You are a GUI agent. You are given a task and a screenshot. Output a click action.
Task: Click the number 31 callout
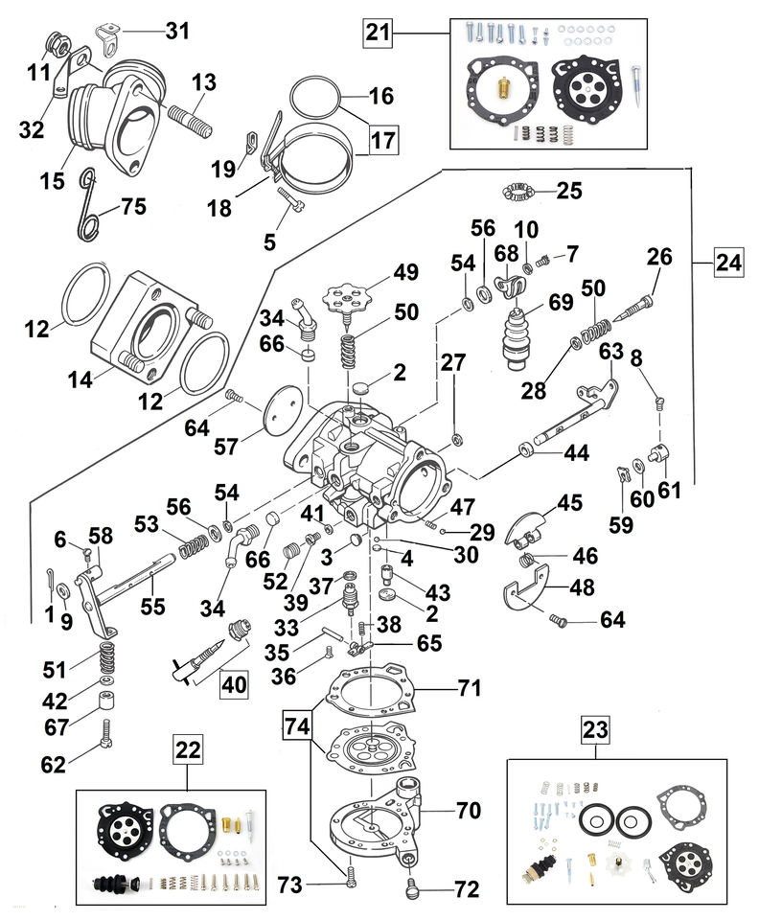pyautogui.click(x=177, y=32)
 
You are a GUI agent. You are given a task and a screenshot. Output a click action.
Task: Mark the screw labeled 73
pyautogui.click(x=353, y=873)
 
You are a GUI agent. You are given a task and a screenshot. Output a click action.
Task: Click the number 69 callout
pyautogui.click(x=561, y=302)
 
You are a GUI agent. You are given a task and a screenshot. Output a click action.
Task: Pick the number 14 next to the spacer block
pyautogui.click(x=80, y=380)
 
